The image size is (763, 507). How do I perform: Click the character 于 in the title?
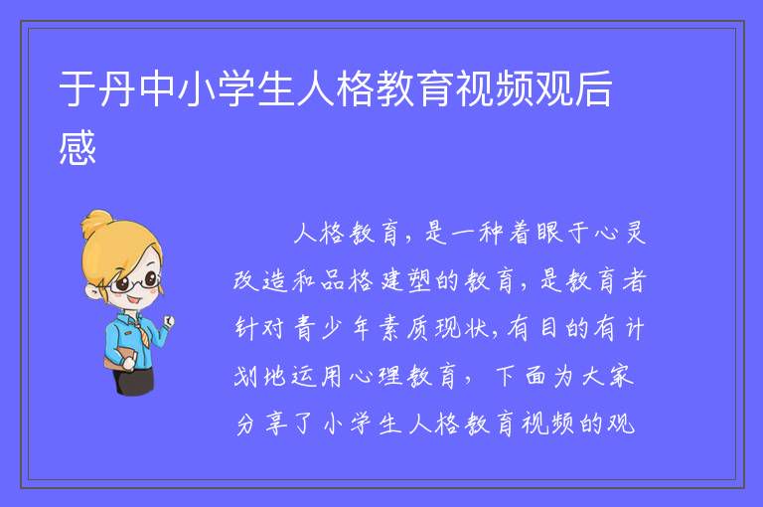pyautogui.click(x=76, y=88)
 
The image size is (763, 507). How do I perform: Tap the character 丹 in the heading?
pyautogui.click(x=116, y=88)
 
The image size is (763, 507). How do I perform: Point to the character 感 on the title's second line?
pyautogui.click(x=76, y=147)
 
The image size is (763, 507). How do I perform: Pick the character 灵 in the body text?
pyautogui.click(x=635, y=233)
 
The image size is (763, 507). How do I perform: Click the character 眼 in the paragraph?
pyautogui.click(x=549, y=233)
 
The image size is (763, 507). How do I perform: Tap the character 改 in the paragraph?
pyautogui.click(x=245, y=280)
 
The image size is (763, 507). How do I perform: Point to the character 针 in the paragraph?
pyautogui.click(x=245, y=328)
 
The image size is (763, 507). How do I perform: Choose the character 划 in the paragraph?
pyautogui.click(x=245, y=376)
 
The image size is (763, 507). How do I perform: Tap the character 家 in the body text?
pyautogui.click(x=621, y=376)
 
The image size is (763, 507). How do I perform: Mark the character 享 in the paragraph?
pyautogui.click(x=276, y=423)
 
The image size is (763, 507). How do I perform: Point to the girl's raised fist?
pyautogui.click(x=169, y=321)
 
